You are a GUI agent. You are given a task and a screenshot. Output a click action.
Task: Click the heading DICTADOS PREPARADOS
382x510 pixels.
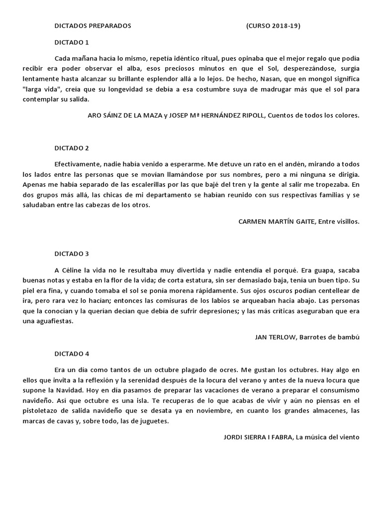pos(93,26)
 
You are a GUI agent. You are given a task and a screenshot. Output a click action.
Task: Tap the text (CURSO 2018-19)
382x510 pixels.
pos(273,26)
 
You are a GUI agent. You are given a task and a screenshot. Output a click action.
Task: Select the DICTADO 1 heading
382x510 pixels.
pos(71,42)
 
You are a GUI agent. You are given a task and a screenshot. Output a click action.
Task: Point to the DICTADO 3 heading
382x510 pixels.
pos(71,254)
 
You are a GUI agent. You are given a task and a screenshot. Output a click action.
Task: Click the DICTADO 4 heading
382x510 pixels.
pos(71,354)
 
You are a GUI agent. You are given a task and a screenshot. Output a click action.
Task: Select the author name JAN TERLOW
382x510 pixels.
pos(275,337)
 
